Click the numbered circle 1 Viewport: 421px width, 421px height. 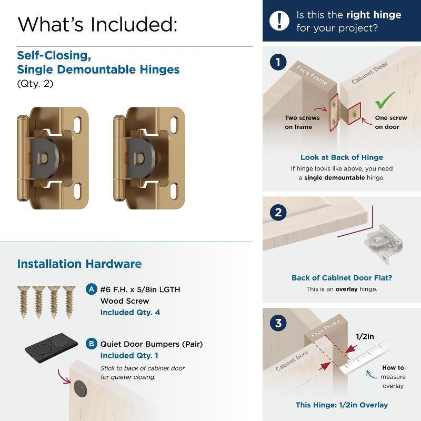277,63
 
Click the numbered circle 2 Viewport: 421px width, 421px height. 277,213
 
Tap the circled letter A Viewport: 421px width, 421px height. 91,289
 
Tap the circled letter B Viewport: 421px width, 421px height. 91,344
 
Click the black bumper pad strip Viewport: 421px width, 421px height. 51,347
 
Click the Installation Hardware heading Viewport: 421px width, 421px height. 79,264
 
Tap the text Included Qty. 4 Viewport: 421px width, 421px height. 130,312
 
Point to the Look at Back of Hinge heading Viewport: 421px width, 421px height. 342,157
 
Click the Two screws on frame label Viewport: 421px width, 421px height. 298,122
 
